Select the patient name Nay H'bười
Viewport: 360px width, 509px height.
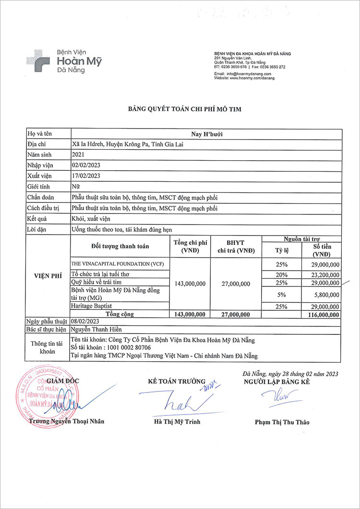206,134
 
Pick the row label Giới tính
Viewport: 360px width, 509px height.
39,186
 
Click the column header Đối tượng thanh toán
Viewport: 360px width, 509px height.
120,246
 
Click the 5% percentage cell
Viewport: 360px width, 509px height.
281,295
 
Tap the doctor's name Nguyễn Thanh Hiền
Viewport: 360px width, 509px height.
96,330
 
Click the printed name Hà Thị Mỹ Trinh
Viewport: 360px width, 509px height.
177,422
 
